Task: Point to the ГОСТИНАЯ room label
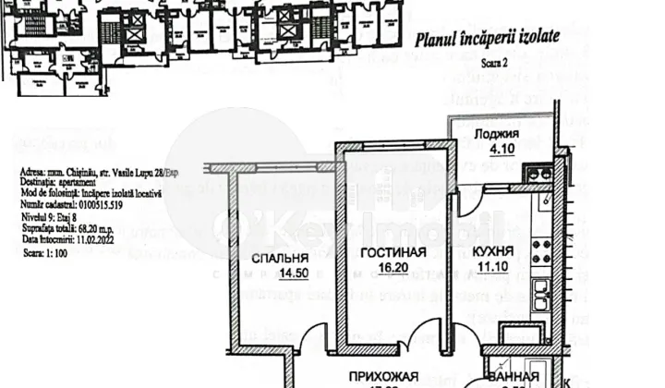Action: click(x=393, y=252)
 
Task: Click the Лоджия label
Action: click(x=496, y=134)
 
